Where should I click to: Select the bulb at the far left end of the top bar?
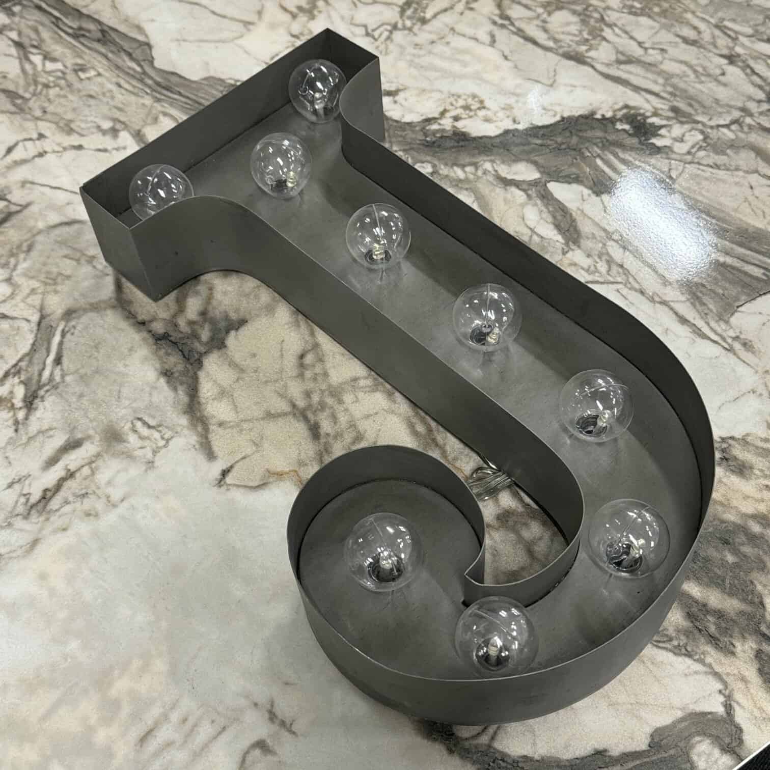[x=161, y=189]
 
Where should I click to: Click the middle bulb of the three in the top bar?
[x=281, y=163]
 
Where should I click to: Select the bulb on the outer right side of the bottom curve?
[x=628, y=538]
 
